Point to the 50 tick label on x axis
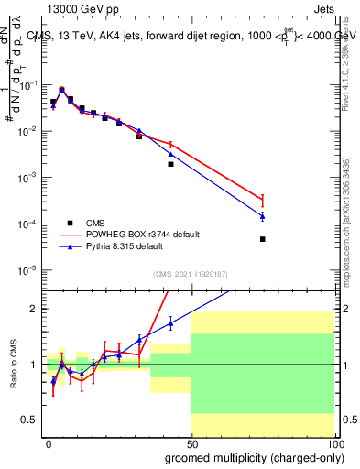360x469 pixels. pos(191,443)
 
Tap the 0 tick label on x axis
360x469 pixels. pos(49,443)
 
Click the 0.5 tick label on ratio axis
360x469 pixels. pos(28,420)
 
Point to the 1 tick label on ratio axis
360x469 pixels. pos(33,365)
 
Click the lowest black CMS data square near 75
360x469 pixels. pos(262,239)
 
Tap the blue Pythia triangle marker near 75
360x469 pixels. pos(262,216)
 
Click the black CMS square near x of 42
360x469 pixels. pos(170,165)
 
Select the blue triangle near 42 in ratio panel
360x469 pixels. pos(170,322)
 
